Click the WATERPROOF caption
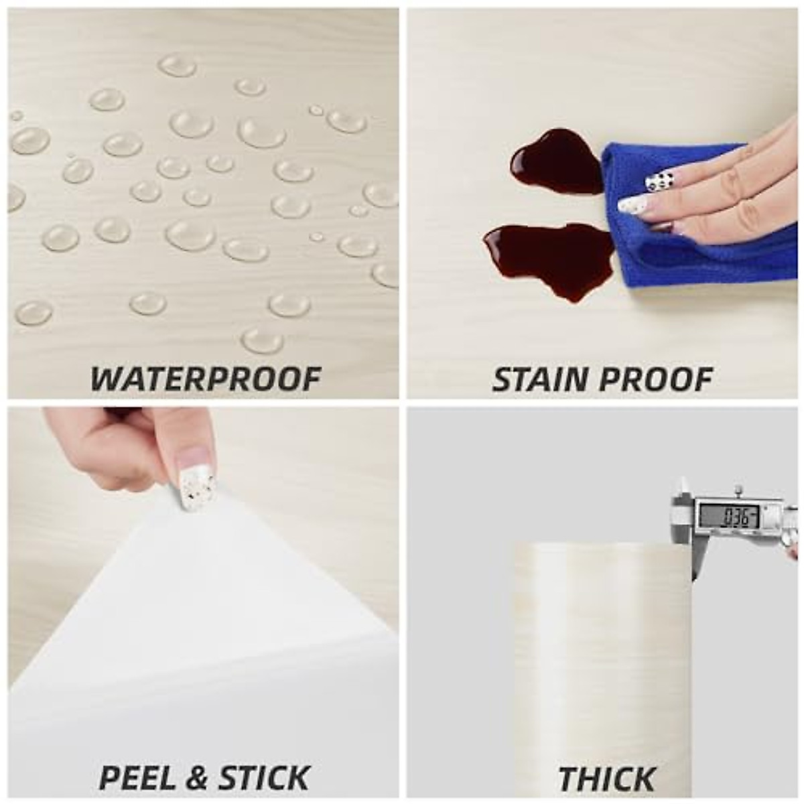(206, 379)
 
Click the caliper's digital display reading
(729, 516)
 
